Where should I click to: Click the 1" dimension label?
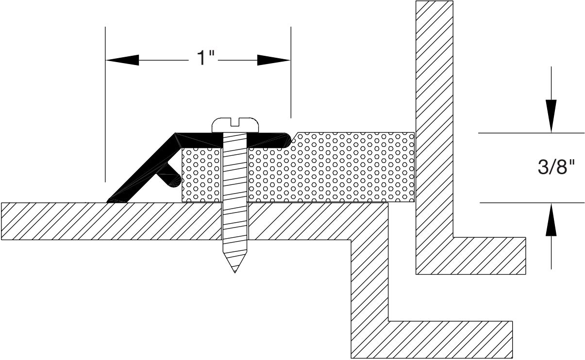(x=205, y=57)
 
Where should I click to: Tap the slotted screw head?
(x=235, y=125)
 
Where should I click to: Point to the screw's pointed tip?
(x=235, y=272)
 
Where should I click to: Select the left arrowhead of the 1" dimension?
(x=122, y=60)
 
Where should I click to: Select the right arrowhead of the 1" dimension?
(x=274, y=60)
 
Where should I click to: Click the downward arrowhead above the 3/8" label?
(x=551, y=116)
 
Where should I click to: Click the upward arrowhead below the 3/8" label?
(x=551, y=220)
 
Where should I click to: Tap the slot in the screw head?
(x=235, y=122)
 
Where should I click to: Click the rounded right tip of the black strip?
(x=287, y=140)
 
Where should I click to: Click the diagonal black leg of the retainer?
(x=142, y=168)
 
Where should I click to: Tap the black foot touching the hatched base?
(x=117, y=200)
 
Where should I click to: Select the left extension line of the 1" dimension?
(x=105, y=104)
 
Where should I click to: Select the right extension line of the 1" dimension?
(x=291, y=72)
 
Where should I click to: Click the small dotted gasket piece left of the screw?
(x=201, y=175)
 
